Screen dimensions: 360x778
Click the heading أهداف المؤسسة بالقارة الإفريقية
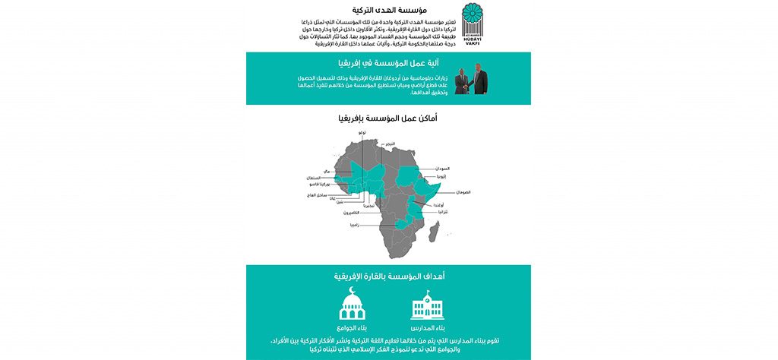pos(389,276)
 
